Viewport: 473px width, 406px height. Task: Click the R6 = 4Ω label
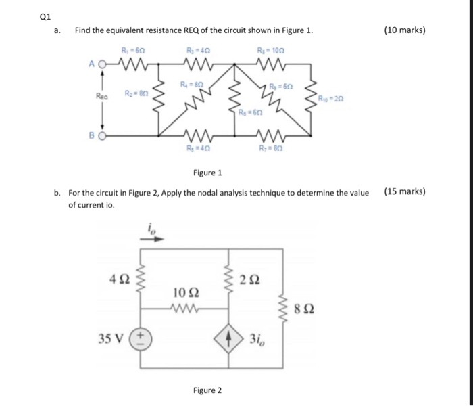pyautogui.click(x=196, y=148)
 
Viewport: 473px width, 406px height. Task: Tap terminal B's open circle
pyautogui.click(x=103, y=134)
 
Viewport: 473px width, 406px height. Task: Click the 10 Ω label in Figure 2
pyautogui.click(x=186, y=293)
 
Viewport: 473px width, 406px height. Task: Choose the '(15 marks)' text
pyautogui.click(x=404, y=191)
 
